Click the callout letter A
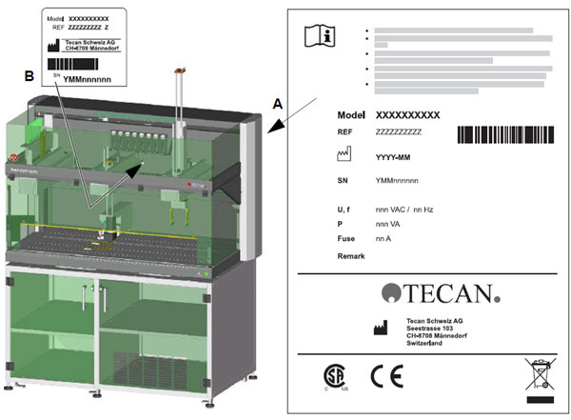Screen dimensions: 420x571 coord(277,100)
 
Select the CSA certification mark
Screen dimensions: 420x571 coord(331,375)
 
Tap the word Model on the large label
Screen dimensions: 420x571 coord(351,114)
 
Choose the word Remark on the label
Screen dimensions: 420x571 coord(352,257)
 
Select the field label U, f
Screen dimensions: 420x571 coord(346,209)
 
